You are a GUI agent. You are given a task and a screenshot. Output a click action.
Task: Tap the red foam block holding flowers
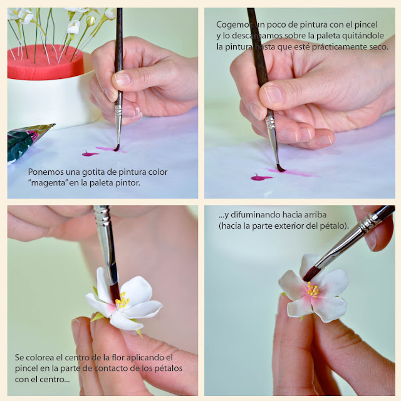pos(44,63)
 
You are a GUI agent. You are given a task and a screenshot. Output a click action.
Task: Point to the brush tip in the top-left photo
pos(117,148)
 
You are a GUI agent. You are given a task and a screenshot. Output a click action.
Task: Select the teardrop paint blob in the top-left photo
pos(90,154)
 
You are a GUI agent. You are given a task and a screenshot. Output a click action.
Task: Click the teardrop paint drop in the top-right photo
pos(261,177)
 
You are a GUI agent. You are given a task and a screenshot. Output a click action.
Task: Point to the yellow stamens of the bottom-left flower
pos(123,299)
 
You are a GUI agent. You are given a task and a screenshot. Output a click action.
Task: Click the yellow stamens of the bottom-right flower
pos(313,289)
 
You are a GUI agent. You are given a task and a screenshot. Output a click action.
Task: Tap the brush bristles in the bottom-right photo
pos(311,274)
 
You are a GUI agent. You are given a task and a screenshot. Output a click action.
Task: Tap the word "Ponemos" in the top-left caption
pos(46,172)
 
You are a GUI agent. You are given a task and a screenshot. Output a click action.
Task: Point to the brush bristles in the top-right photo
pos(280,168)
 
